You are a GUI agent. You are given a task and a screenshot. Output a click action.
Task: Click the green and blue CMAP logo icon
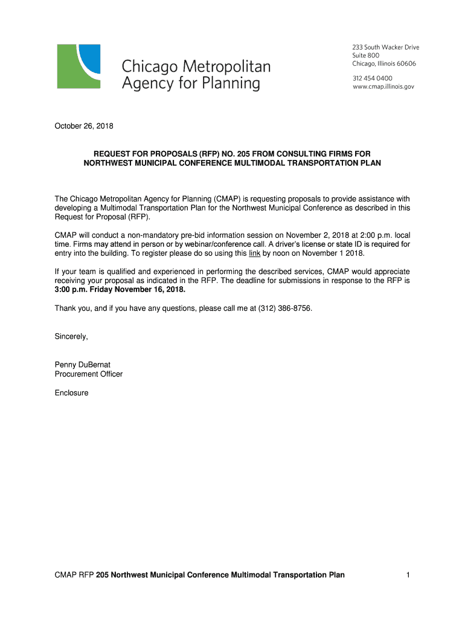(79, 66)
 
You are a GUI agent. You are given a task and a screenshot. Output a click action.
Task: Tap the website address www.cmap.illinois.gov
(383, 87)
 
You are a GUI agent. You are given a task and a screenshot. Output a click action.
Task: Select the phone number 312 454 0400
(372, 78)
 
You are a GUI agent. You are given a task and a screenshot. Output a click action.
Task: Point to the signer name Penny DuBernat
(83, 365)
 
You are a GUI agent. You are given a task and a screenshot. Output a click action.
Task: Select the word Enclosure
(72, 393)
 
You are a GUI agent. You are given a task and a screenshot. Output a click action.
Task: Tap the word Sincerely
(72, 336)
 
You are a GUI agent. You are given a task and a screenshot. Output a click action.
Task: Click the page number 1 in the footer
(408, 575)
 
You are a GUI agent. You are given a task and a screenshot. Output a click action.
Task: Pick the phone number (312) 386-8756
(284, 308)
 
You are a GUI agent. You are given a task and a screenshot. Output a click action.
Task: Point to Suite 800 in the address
(366, 56)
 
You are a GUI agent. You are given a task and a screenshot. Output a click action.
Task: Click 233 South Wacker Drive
(385, 48)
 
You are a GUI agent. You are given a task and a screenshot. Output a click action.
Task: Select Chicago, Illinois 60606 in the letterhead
(384, 63)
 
